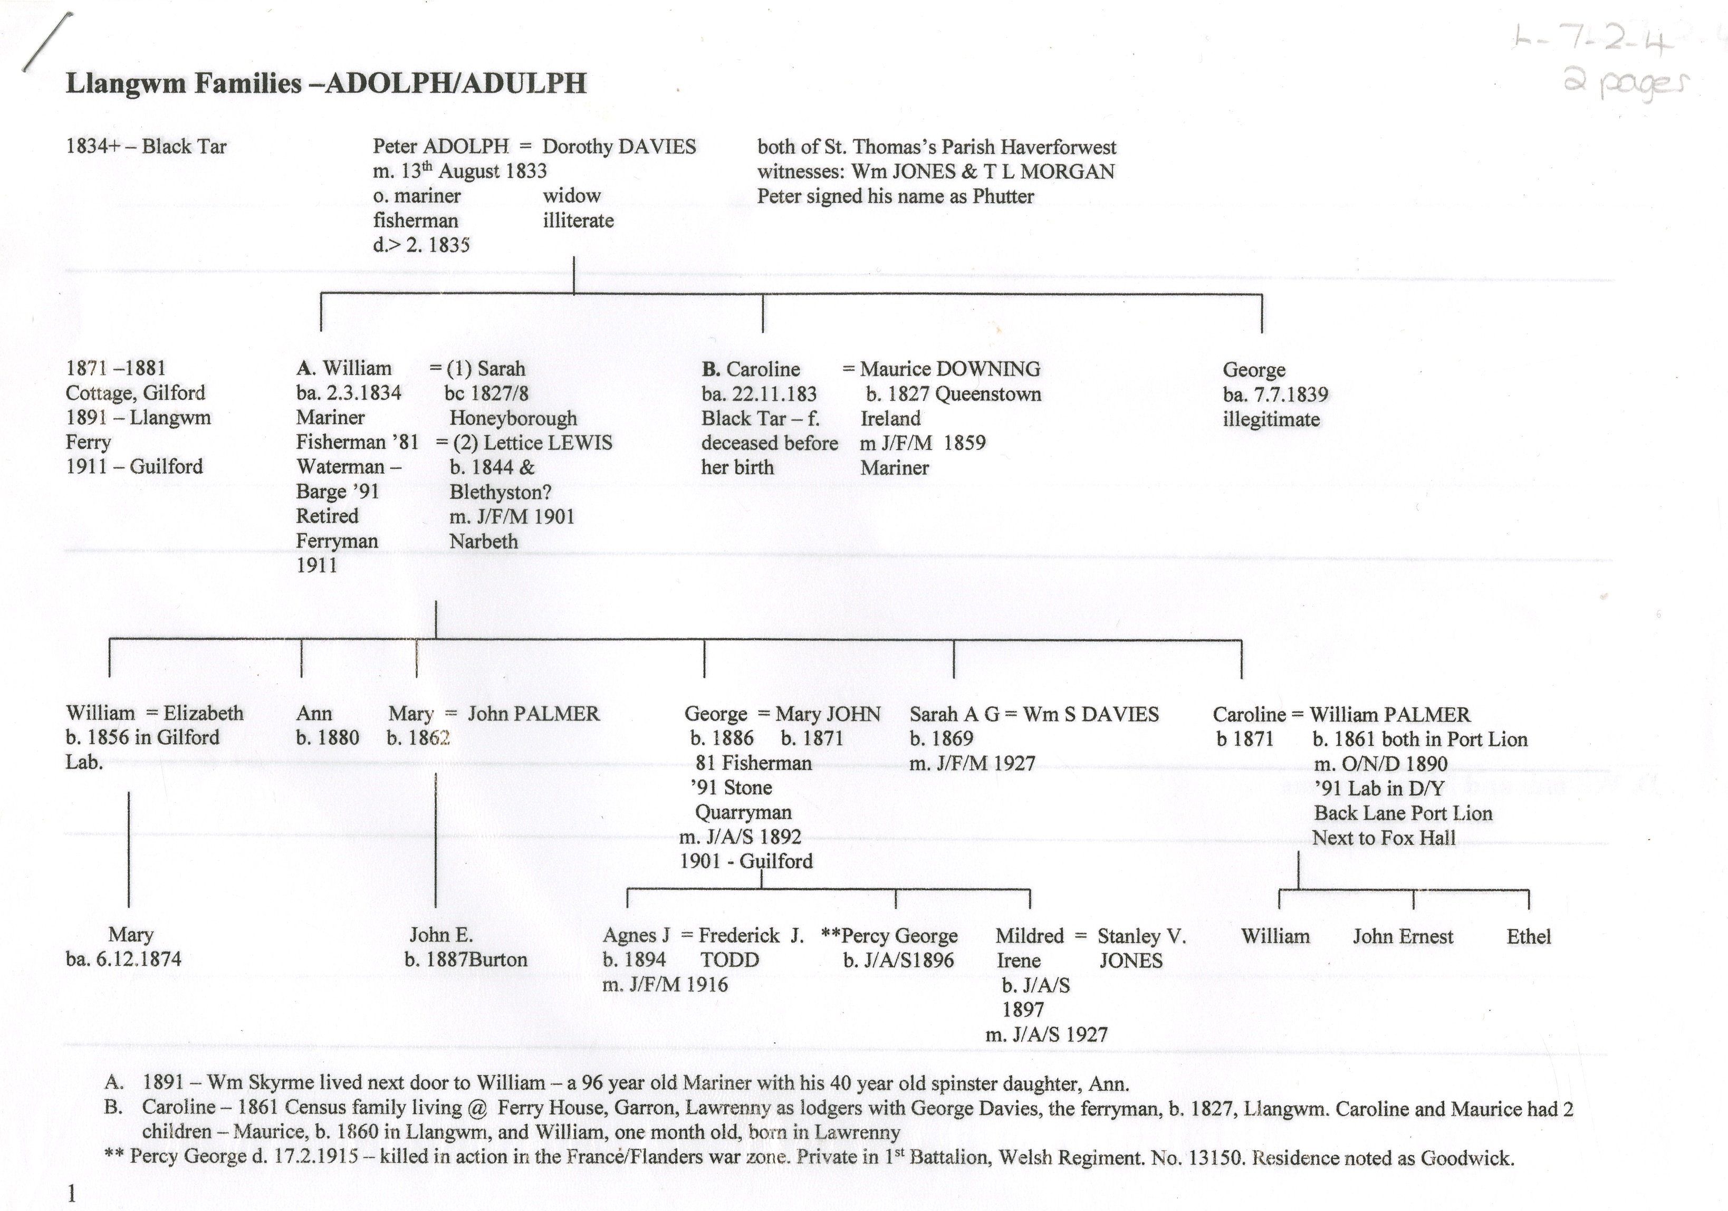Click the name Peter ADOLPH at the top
(440, 146)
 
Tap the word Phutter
(1003, 196)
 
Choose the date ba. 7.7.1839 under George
(1275, 395)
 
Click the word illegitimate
(1271, 419)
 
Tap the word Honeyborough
(513, 418)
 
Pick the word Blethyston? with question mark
(501, 492)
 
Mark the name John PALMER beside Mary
(534, 714)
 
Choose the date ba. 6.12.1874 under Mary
(123, 959)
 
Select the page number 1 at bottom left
(72, 1194)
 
